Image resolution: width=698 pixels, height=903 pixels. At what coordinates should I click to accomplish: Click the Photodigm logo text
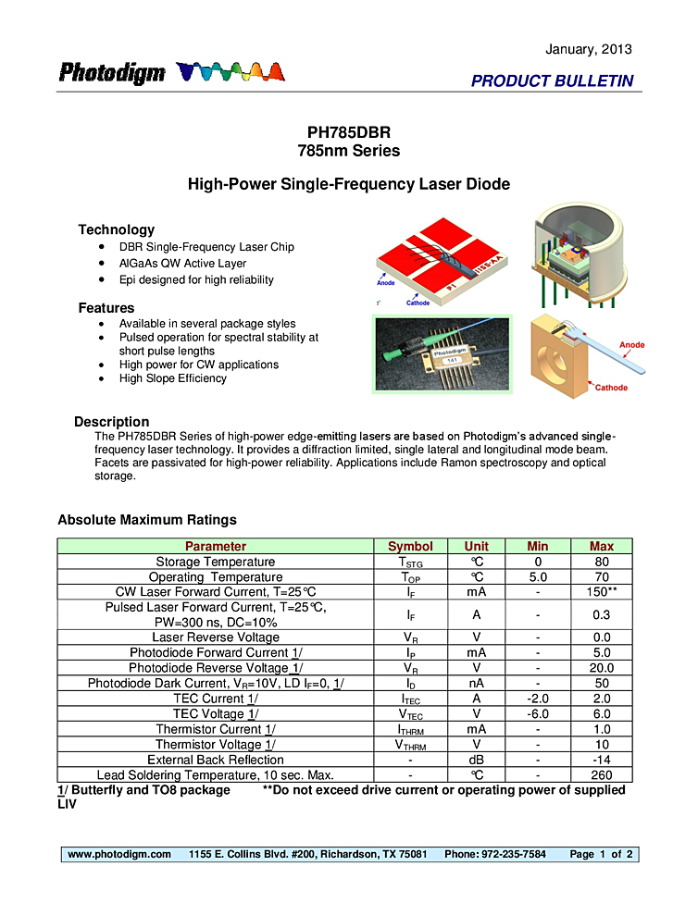112,73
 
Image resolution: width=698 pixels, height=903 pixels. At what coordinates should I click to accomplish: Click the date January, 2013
589,49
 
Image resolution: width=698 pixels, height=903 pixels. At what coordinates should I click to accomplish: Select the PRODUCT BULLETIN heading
552,80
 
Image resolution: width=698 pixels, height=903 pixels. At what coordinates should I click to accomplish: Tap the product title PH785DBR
348,133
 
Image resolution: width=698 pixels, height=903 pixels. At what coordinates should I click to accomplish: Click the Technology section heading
116,229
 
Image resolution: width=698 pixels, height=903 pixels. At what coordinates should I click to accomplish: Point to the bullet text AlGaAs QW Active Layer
182,264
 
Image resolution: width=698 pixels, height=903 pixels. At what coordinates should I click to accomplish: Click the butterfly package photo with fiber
441,353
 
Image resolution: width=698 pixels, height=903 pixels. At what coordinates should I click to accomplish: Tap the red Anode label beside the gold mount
631,345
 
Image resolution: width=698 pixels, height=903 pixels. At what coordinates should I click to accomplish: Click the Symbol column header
410,546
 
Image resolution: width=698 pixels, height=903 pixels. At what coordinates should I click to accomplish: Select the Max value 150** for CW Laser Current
601,592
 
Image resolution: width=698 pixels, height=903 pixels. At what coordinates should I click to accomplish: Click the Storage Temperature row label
215,562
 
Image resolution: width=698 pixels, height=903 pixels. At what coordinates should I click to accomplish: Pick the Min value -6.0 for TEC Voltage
537,714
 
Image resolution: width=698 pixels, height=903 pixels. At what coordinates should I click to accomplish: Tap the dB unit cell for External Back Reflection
476,760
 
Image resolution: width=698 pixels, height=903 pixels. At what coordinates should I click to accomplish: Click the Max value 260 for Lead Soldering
601,775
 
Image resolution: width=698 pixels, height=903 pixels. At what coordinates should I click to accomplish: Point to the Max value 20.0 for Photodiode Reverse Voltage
601,668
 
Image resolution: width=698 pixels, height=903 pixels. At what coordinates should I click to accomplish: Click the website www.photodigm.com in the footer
119,854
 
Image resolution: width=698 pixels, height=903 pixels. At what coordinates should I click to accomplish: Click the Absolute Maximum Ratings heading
147,520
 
